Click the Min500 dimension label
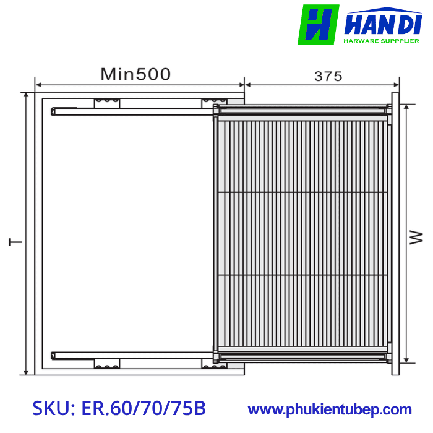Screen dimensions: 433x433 [136, 75]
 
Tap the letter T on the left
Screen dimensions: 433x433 [15, 241]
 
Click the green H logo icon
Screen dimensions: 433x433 [318, 25]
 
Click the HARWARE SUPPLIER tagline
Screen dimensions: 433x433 [381, 42]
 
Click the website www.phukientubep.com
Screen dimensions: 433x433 [330, 409]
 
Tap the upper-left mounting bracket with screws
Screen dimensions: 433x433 [107, 103]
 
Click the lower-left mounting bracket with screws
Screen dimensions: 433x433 [107, 364]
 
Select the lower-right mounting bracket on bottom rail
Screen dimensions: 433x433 [213, 364]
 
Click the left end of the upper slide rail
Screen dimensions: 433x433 [54, 111]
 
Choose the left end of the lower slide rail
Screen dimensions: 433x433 [54, 355]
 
